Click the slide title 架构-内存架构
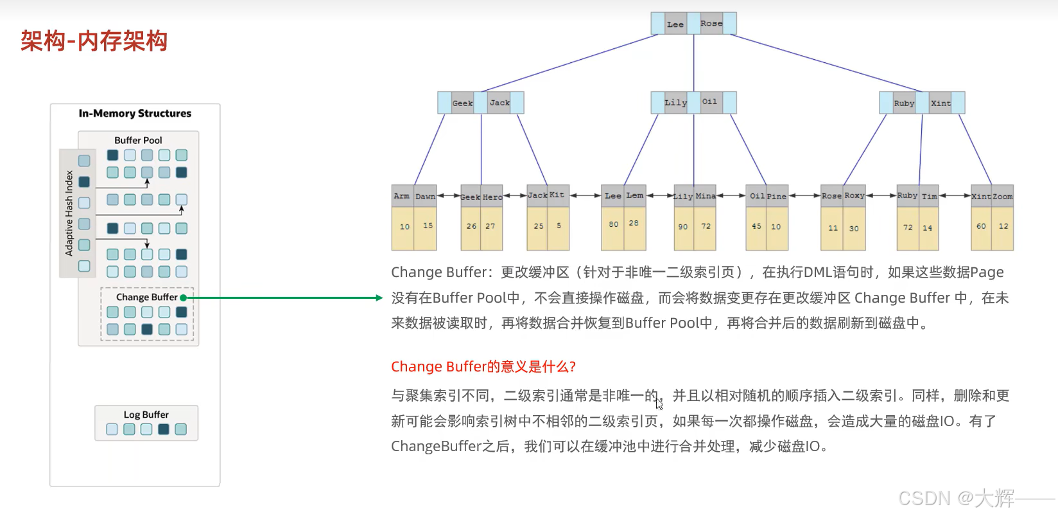pyautogui.click(x=94, y=41)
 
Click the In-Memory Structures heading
pyautogui.click(x=135, y=113)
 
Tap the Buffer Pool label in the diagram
pyautogui.click(x=138, y=140)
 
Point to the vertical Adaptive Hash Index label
pyautogui.click(x=69, y=213)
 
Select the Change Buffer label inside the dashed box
pyautogui.click(x=146, y=297)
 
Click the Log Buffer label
pyautogui.click(x=146, y=414)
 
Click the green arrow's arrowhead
pyautogui.click(x=379, y=298)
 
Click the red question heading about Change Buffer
pyautogui.click(x=483, y=366)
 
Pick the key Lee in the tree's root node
pyautogui.click(x=675, y=24)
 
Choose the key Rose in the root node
pyautogui.click(x=711, y=23)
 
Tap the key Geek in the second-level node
pyautogui.click(x=462, y=103)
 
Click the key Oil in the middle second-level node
pyautogui.click(x=709, y=102)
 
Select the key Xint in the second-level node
pyautogui.click(x=941, y=103)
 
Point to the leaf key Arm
pyautogui.click(x=402, y=196)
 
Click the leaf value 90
pyautogui.click(x=683, y=227)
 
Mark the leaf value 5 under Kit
pyautogui.click(x=559, y=226)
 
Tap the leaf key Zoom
pyautogui.click(x=1002, y=197)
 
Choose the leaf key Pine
pyautogui.click(x=776, y=197)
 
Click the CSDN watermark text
pyautogui.click(x=956, y=498)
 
